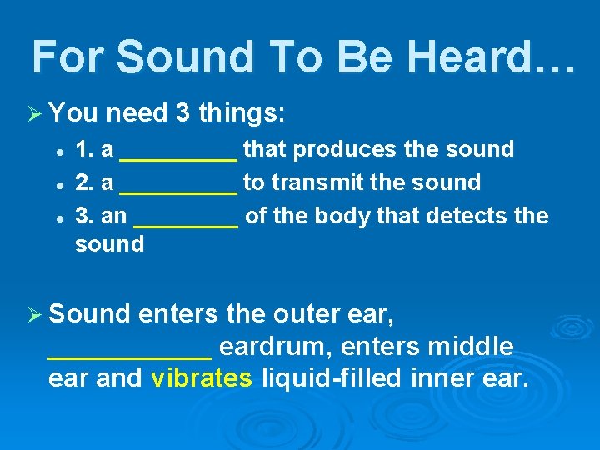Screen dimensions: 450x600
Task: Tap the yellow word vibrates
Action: [202, 378]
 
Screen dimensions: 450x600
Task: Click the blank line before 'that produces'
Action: [179, 155]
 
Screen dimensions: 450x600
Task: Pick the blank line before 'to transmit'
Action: [179, 188]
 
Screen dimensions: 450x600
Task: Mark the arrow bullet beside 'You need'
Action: [37, 112]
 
